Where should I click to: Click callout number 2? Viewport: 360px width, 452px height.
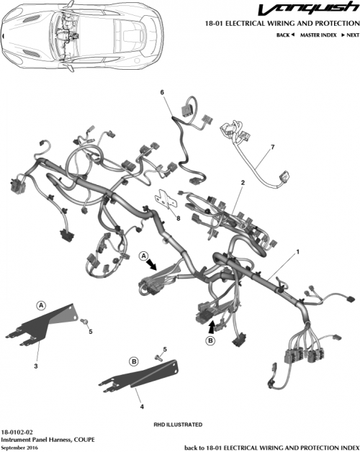tap(243, 183)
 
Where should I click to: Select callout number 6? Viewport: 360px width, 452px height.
tap(162, 93)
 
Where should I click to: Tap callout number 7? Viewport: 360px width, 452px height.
tap(273, 148)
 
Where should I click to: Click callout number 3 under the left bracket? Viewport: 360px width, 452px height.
tap(35, 366)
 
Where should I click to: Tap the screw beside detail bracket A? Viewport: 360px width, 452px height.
tap(85, 319)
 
